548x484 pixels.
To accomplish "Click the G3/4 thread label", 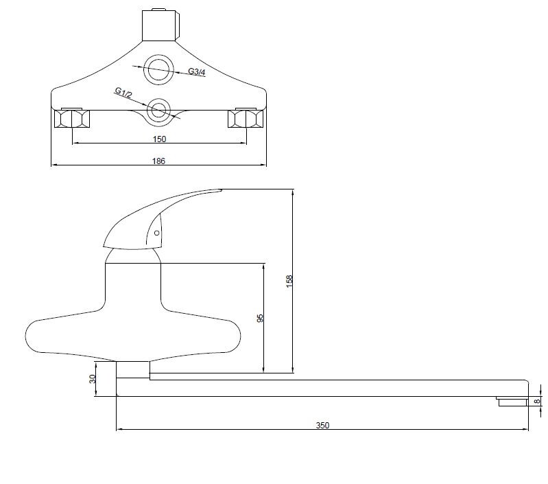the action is (197, 71).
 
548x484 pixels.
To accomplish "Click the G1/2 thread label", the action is (123, 93).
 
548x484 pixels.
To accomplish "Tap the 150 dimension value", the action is (159, 139).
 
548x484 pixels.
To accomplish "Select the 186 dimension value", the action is (158, 161).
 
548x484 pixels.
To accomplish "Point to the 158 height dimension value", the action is (289, 281).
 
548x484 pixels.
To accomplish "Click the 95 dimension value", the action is (260, 319).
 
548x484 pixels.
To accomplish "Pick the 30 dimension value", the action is (93, 379).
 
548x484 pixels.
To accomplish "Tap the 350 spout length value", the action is (322, 425).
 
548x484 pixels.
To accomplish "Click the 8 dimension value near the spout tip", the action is (537, 401).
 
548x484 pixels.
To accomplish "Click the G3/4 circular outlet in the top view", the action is (158, 59).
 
